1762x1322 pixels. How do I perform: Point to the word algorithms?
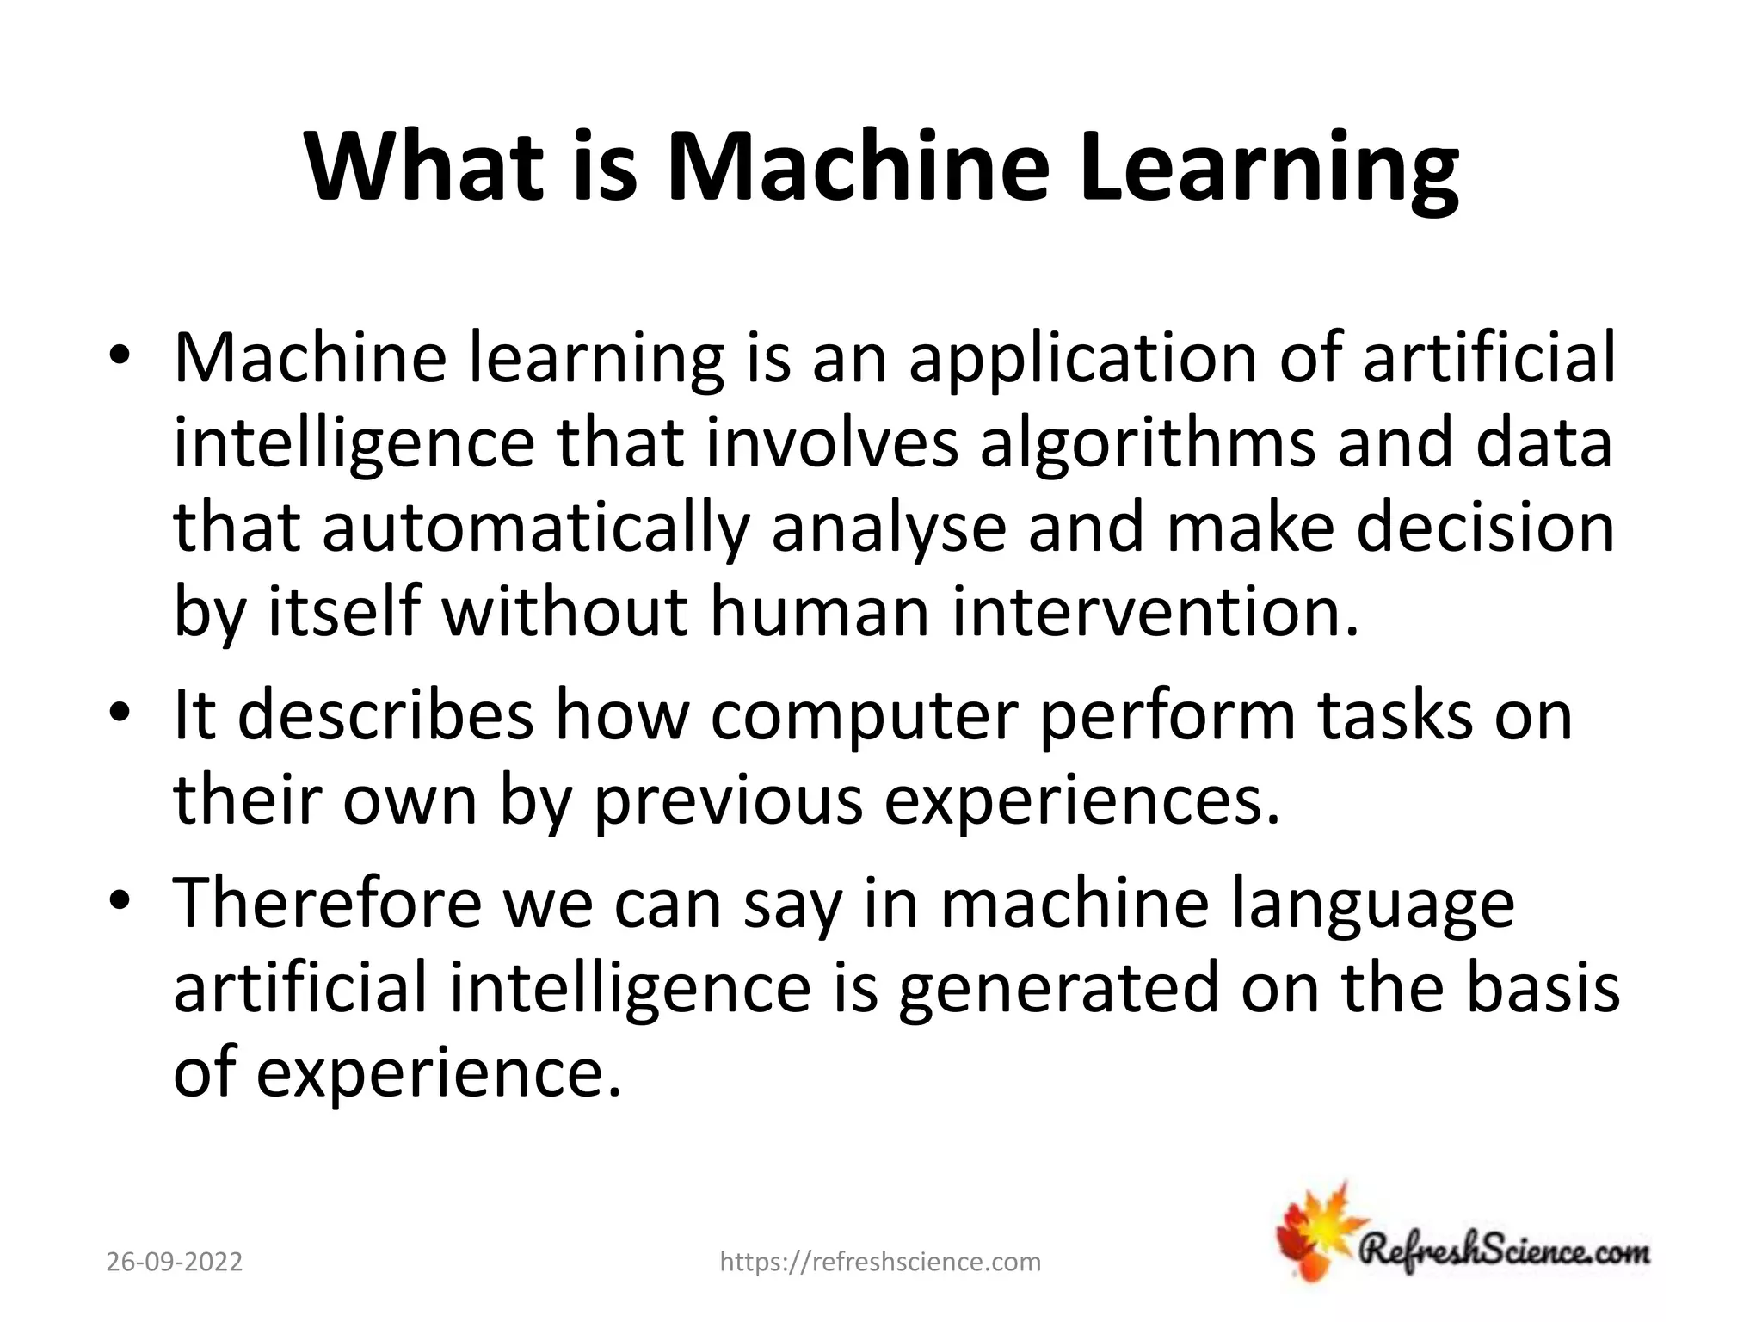click(x=1148, y=445)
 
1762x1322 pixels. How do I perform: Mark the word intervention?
click(x=1156, y=613)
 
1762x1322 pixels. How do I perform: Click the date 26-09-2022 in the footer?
click(x=175, y=1262)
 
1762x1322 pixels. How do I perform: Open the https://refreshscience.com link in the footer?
click(x=880, y=1262)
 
